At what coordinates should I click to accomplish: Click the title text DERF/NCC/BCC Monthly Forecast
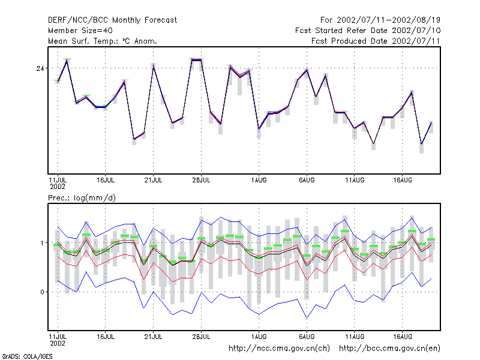point(112,20)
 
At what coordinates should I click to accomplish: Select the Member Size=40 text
point(80,31)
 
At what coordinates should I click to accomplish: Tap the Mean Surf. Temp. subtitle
point(102,41)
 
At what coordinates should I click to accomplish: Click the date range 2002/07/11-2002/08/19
point(388,20)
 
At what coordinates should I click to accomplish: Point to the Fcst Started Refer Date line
point(368,31)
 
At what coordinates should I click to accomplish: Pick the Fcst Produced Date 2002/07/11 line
point(376,41)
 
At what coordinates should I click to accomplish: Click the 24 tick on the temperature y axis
point(40,68)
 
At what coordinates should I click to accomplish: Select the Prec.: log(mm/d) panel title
point(82,198)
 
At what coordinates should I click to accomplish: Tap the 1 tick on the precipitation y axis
point(42,243)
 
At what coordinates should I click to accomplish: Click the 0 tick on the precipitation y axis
point(42,292)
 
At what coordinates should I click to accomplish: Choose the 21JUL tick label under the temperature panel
point(154,181)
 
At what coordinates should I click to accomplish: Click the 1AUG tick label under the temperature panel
point(259,181)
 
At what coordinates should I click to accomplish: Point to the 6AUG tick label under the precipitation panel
point(307,337)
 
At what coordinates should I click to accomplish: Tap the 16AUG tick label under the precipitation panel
point(403,337)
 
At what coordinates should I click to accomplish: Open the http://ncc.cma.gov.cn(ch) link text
point(279,349)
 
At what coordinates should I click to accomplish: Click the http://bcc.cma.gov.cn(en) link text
point(389,349)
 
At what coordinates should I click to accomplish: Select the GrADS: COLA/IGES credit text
point(27,356)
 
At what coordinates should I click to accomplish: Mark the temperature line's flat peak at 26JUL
point(197,59)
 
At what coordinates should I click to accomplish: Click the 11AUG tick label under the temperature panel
point(355,181)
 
